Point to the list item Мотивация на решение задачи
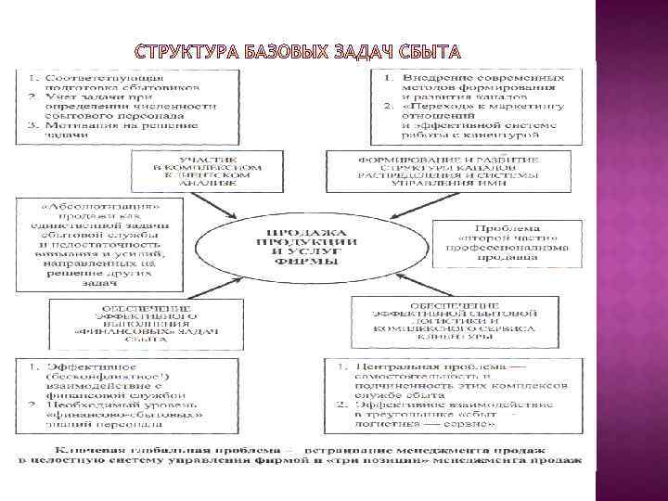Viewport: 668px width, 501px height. (x=102, y=128)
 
